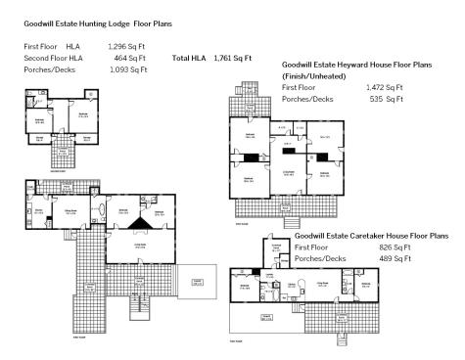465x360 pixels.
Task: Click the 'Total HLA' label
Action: (187, 58)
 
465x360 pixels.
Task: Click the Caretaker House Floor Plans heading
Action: (371, 236)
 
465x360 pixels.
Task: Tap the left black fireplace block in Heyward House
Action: (252, 157)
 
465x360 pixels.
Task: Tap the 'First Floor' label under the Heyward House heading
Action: (299, 87)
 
